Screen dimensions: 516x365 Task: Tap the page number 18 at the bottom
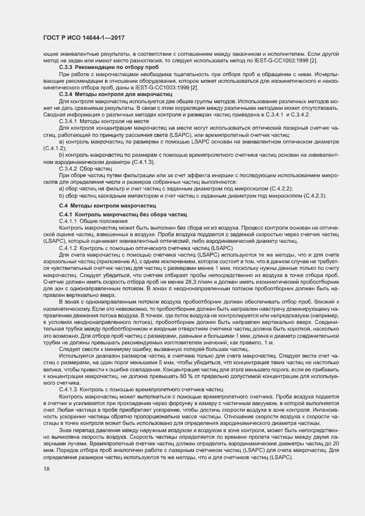(46, 469)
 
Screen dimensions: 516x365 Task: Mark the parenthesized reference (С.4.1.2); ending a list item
(54, 148)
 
